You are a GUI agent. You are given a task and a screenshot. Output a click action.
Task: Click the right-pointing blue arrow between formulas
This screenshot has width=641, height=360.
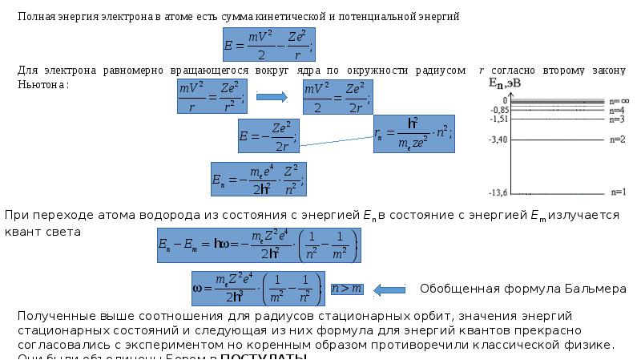click(x=272, y=98)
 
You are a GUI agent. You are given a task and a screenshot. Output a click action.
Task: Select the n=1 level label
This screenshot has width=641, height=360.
click(x=618, y=192)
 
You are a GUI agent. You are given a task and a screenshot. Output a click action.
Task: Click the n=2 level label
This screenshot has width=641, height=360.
click(x=617, y=140)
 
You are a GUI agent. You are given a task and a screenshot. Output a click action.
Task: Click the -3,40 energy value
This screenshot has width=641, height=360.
click(x=498, y=140)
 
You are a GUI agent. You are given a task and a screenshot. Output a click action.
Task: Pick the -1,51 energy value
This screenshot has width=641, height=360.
click(x=498, y=119)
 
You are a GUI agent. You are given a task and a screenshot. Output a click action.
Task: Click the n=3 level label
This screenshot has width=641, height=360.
click(x=617, y=119)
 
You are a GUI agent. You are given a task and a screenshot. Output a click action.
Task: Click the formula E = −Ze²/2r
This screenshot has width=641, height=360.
click(x=268, y=136)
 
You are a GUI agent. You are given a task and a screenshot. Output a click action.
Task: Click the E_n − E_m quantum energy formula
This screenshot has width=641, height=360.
click(x=258, y=246)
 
